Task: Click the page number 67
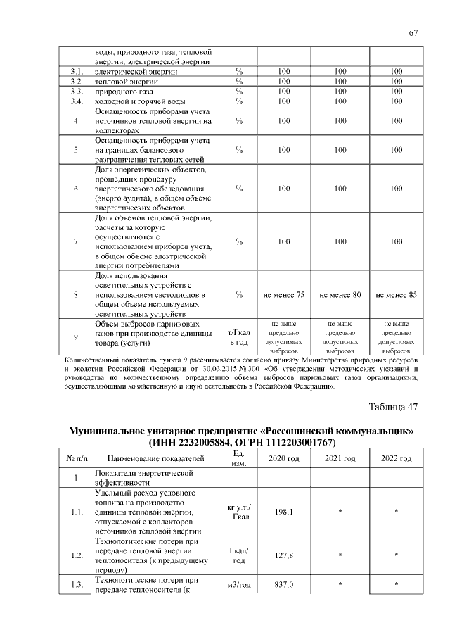pyautogui.click(x=413, y=33)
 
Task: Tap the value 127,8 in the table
pyautogui.click(x=284, y=555)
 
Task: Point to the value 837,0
pyautogui.click(x=284, y=584)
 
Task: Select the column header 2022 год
pyautogui.click(x=397, y=458)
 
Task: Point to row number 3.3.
pyautogui.click(x=78, y=92)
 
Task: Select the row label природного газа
pyautogui.click(x=124, y=92)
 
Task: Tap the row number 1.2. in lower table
pyautogui.click(x=78, y=555)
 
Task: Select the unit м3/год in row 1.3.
pyautogui.click(x=239, y=584)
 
